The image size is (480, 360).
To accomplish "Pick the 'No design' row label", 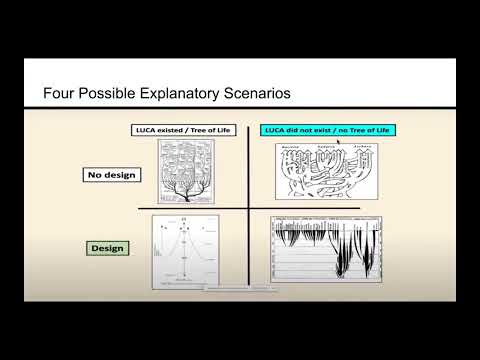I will click(111, 175).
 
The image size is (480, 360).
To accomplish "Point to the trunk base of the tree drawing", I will click(183, 197).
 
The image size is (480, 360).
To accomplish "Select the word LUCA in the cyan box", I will click(275, 130).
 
